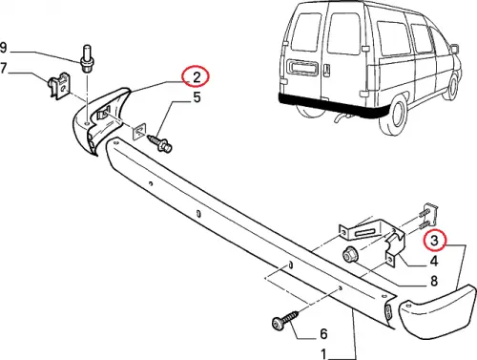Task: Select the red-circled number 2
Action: click(194, 76)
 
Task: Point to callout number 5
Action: click(197, 96)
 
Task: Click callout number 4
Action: click(434, 261)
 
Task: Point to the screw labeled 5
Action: click(160, 140)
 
